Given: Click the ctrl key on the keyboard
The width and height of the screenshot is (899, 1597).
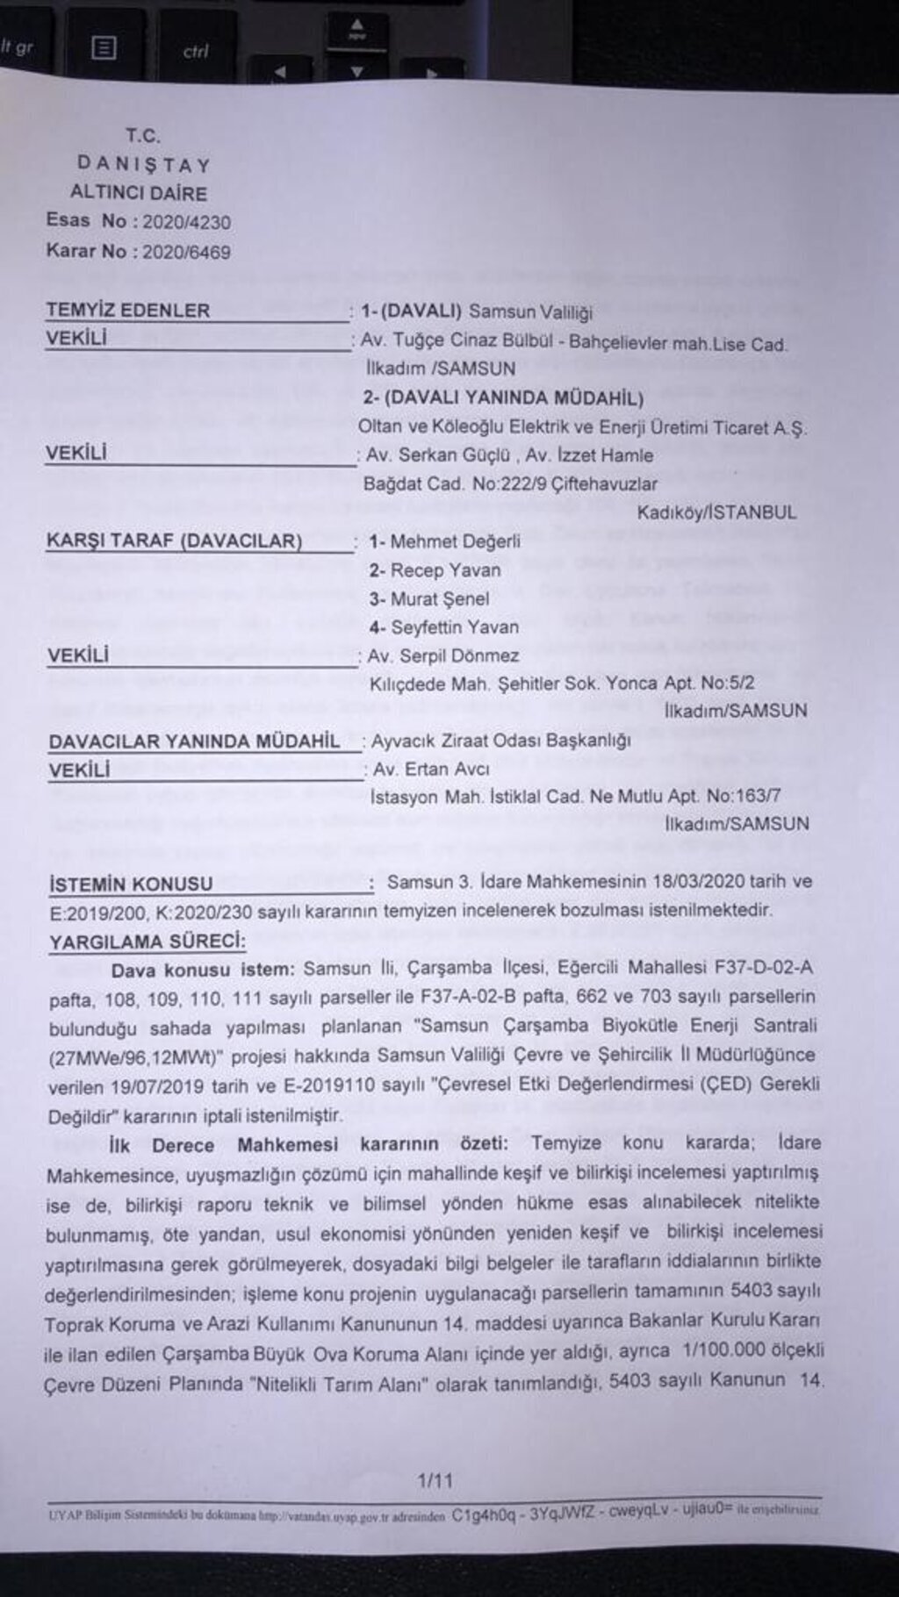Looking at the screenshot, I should (x=195, y=52).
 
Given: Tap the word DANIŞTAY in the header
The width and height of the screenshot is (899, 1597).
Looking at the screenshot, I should (x=144, y=164).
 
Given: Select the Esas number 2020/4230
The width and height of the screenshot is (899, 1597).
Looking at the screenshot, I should (x=187, y=222).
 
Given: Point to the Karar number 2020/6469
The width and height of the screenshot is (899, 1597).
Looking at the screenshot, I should (x=186, y=253).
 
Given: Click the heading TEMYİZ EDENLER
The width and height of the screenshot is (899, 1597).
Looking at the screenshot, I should (x=128, y=311).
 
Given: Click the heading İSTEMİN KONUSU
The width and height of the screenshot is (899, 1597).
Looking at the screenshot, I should (x=131, y=884).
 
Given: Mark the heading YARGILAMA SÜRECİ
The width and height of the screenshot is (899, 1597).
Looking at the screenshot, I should (x=147, y=942).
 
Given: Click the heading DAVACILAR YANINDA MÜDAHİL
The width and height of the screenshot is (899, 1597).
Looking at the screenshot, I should (x=194, y=741).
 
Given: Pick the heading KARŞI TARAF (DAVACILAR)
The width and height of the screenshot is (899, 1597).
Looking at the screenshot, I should (x=174, y=541).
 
